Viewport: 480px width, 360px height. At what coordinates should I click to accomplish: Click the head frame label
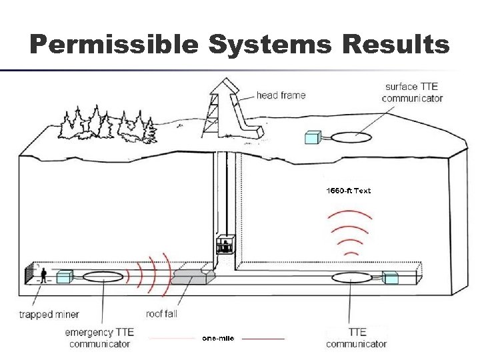click(x=281, y=95)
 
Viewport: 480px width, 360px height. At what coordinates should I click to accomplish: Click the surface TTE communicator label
click(x=412, y=93)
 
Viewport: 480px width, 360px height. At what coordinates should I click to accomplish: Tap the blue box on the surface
click(x=313, y=137)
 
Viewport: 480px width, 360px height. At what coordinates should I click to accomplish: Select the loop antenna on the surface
click(x=353, y=137)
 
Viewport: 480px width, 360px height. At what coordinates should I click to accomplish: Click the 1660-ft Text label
click(x=348, y=191)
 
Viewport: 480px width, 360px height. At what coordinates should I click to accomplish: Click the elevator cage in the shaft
click(x=225, y=245)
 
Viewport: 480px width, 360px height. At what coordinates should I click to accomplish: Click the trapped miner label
click(x=49, y=314)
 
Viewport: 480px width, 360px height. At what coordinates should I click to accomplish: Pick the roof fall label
click(x=161, y=313)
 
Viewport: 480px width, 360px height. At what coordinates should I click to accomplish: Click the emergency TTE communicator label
click(x=100, y=337)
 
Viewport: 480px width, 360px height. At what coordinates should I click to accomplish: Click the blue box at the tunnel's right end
click(x=391, y=278)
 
